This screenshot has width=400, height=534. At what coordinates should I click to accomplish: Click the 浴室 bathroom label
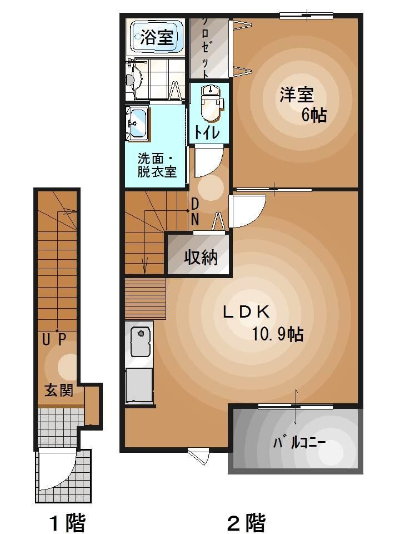pos(156,38)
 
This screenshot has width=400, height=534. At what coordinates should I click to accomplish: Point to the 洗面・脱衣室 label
pos(157,164)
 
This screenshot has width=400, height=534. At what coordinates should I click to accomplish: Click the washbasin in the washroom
pos(137,122)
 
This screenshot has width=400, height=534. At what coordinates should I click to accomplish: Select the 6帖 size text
pos(313,115)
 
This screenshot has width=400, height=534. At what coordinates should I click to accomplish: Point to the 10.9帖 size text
pos(277,334)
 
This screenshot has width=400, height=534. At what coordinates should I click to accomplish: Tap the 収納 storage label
pos(200,258)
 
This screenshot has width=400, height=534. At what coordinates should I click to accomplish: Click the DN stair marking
pos(195,212)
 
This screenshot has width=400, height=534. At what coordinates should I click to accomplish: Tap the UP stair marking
pos(54,338)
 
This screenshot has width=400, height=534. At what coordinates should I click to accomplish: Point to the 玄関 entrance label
pos(59,390)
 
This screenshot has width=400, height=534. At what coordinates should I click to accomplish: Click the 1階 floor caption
pos(67,523)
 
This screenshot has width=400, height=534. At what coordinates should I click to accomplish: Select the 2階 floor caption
pos(246,523)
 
